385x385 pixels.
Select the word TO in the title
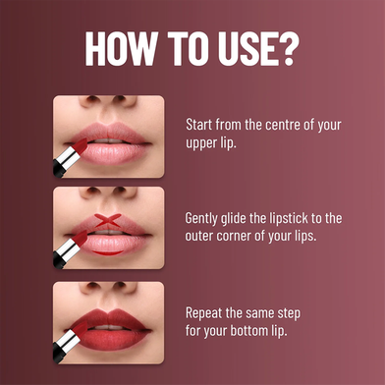pos(189,48)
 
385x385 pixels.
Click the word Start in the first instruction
pos(198,125)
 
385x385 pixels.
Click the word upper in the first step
pos(199,144)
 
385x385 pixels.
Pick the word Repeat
pos(203,313)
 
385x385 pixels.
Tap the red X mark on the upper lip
pos(108,220)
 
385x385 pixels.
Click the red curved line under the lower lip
pos(108,252)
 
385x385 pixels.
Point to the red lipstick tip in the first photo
pos(80,145)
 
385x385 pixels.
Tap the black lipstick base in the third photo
pos(58,357)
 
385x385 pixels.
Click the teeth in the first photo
pos(109,140)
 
